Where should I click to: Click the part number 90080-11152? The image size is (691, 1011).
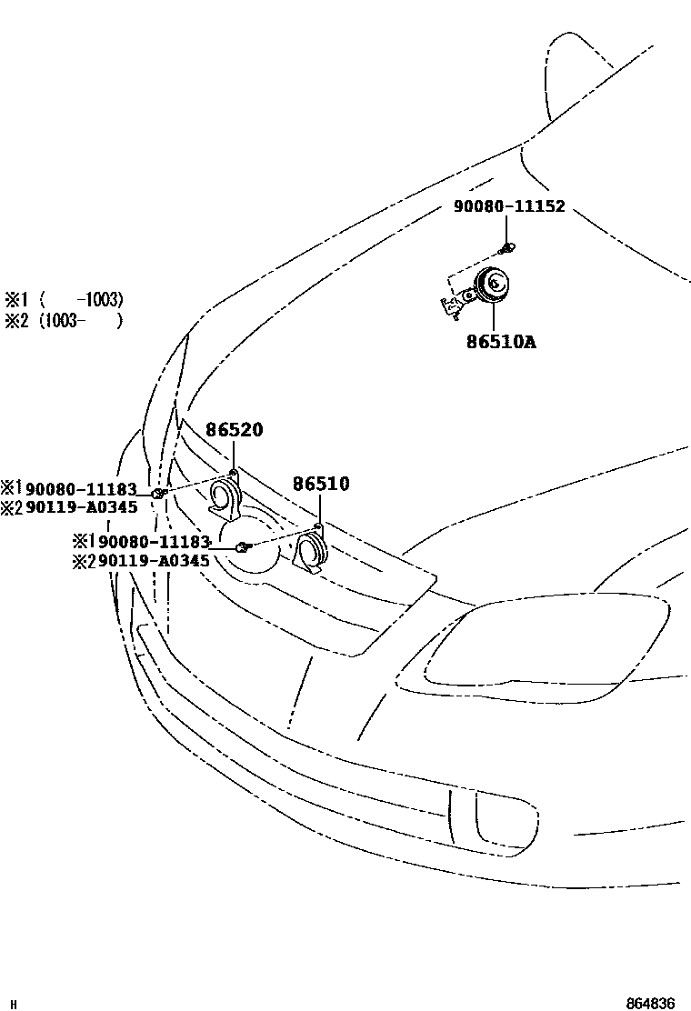(509, 206)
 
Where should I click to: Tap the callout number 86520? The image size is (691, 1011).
(234, 430)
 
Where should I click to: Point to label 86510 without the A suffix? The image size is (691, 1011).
(320, 485)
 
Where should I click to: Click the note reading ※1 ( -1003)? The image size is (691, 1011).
(64, 299)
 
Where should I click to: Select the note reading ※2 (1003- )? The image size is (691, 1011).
(64, 320)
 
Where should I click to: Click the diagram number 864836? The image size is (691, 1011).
(650, 1003)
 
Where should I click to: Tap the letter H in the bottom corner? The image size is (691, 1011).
(12, 1004)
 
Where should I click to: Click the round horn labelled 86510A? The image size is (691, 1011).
(494, 286)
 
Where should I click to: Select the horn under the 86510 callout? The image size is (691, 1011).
(312, 553)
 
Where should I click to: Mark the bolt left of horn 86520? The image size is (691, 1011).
(157, 493)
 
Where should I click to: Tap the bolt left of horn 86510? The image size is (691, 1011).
(243, 546)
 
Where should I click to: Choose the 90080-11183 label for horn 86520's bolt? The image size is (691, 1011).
(81, 490)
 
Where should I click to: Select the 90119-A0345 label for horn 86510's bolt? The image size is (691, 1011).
(153, 561)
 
